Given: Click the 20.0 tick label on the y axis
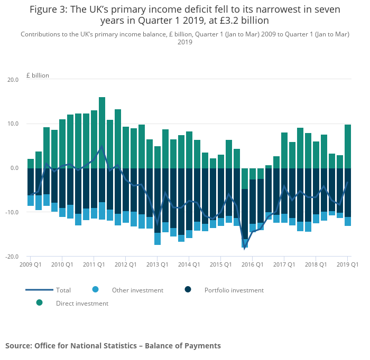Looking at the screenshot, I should click(x=12, y=80).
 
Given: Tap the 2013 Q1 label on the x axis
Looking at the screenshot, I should click(x=158, y=264).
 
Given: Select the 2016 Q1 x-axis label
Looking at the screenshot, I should click(x=253, y=264).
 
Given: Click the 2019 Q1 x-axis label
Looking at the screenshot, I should click(x=348, y=264).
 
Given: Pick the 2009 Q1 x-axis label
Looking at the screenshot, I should click(x=31, y=264).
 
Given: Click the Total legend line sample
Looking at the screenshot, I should click(x=39, y=290).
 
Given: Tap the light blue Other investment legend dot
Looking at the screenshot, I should click(x=95, y=289).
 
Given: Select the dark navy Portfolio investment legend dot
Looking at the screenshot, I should click(x=188, y=289).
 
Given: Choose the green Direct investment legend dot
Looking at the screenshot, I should click(x=39, y=302).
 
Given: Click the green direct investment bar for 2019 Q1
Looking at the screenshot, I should click(x=348, y=146).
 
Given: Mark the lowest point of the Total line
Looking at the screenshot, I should click(x=245, y=248).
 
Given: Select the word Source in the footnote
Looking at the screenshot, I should click(x=18, y=346).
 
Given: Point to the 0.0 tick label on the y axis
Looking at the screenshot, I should click(x=13, y=168).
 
